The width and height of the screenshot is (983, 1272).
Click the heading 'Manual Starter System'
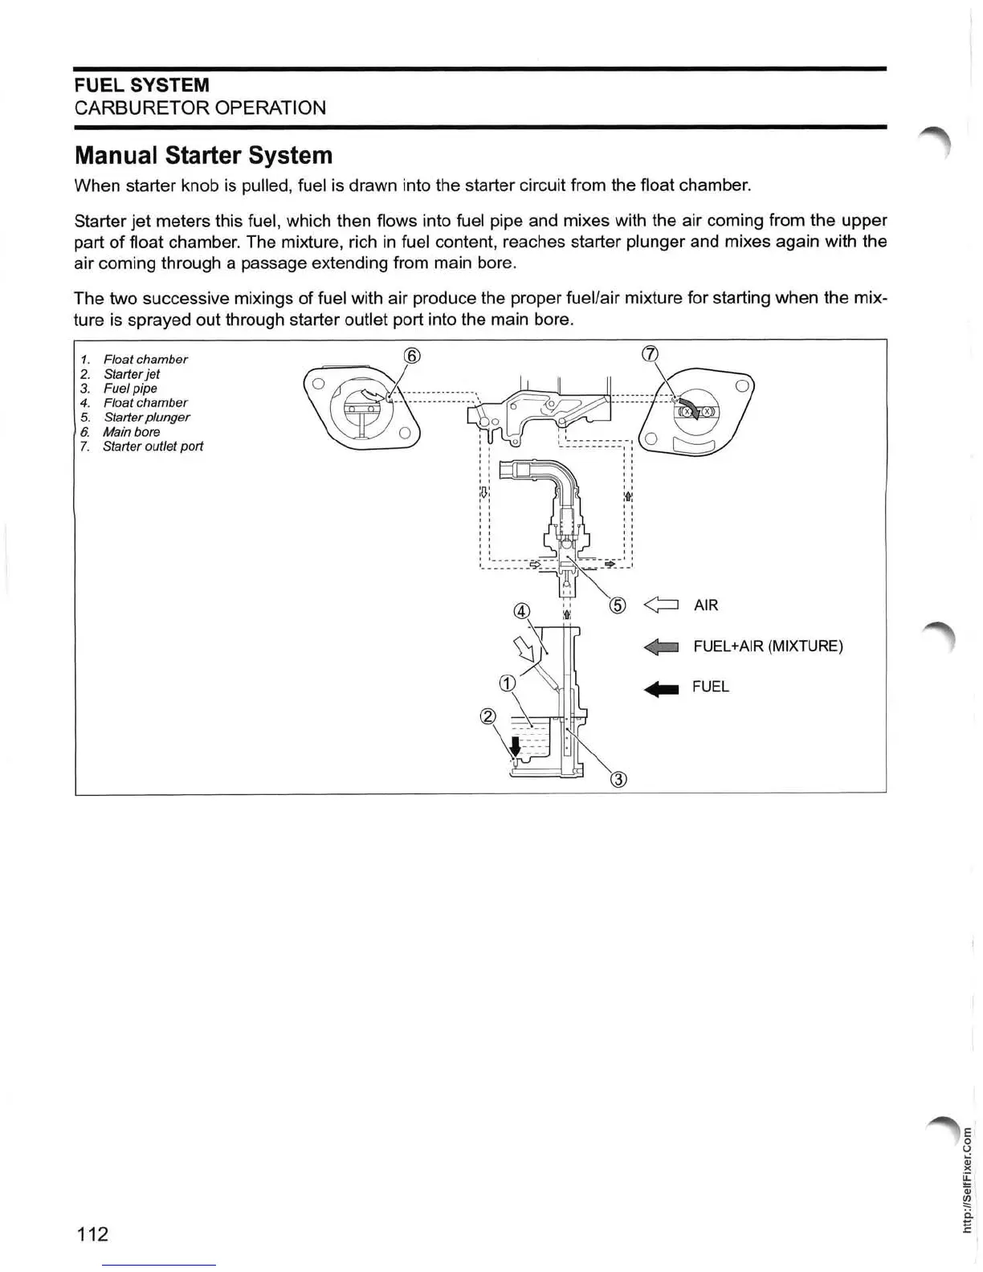point(202,155)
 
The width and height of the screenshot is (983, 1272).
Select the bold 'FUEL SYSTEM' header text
point(141,85)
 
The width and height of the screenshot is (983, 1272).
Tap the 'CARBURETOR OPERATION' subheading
point(200,108)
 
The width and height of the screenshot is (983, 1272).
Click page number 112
point(92,1233)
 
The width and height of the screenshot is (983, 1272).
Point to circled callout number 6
point(411,356)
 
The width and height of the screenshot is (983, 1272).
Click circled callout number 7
point(651,354)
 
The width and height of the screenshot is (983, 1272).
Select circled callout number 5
point(617,605)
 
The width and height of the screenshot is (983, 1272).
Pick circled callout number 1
point(507,683)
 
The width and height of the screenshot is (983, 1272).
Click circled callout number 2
point(487,716)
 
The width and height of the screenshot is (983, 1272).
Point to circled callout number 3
point(618,778)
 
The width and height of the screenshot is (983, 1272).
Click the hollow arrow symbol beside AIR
point(662,605)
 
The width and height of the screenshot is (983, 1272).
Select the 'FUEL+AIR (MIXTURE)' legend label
point(768,646)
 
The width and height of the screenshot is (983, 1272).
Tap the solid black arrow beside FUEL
point(662,687)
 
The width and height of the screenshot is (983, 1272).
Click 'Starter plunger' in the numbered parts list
point(146,417)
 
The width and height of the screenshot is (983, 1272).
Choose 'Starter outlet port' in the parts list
point(153,446)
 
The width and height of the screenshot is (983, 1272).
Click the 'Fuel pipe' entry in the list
point(130,388)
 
